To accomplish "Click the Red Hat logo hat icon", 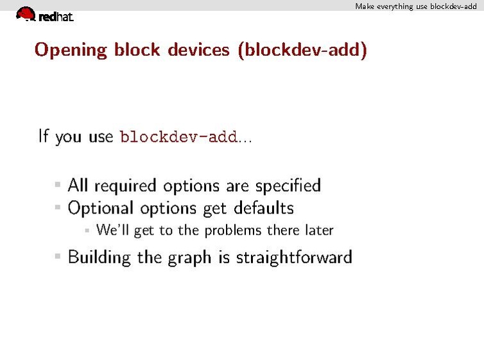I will pos(26,13).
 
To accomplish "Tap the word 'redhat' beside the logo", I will pos(56,17).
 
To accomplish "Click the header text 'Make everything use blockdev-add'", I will pos(416,6).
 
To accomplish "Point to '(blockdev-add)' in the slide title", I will pos(302,50).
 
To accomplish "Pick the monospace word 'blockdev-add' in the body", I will pos(178,137).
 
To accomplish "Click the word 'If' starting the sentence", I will pos(44,136).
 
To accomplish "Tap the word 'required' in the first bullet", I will pos(125,186).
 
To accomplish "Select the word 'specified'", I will pos(288,186).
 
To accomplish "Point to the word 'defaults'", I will pos(263,208).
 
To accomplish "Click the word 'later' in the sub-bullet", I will pos(319,230).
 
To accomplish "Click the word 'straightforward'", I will pos(294,258).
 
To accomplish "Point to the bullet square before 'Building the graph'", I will pos(58,257).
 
